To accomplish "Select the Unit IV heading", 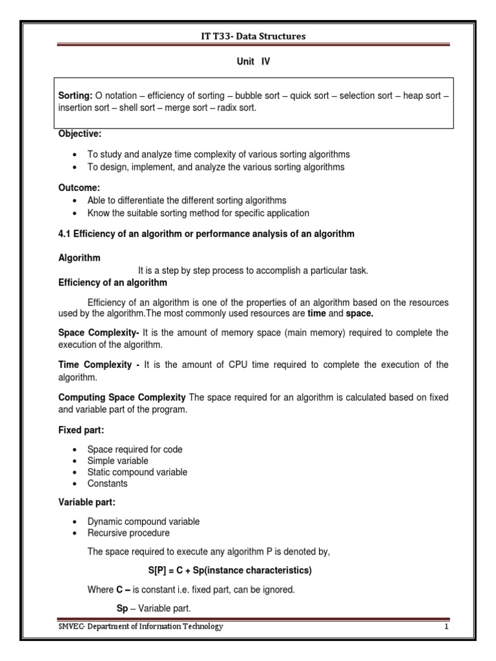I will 248,63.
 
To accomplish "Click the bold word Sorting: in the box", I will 76,96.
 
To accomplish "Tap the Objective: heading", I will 80,134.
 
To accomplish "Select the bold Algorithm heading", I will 79,258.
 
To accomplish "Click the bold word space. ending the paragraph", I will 360,313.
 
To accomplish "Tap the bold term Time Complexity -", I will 99,365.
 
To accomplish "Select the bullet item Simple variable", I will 118,461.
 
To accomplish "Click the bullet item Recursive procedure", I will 129,533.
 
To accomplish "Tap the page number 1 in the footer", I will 446,626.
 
